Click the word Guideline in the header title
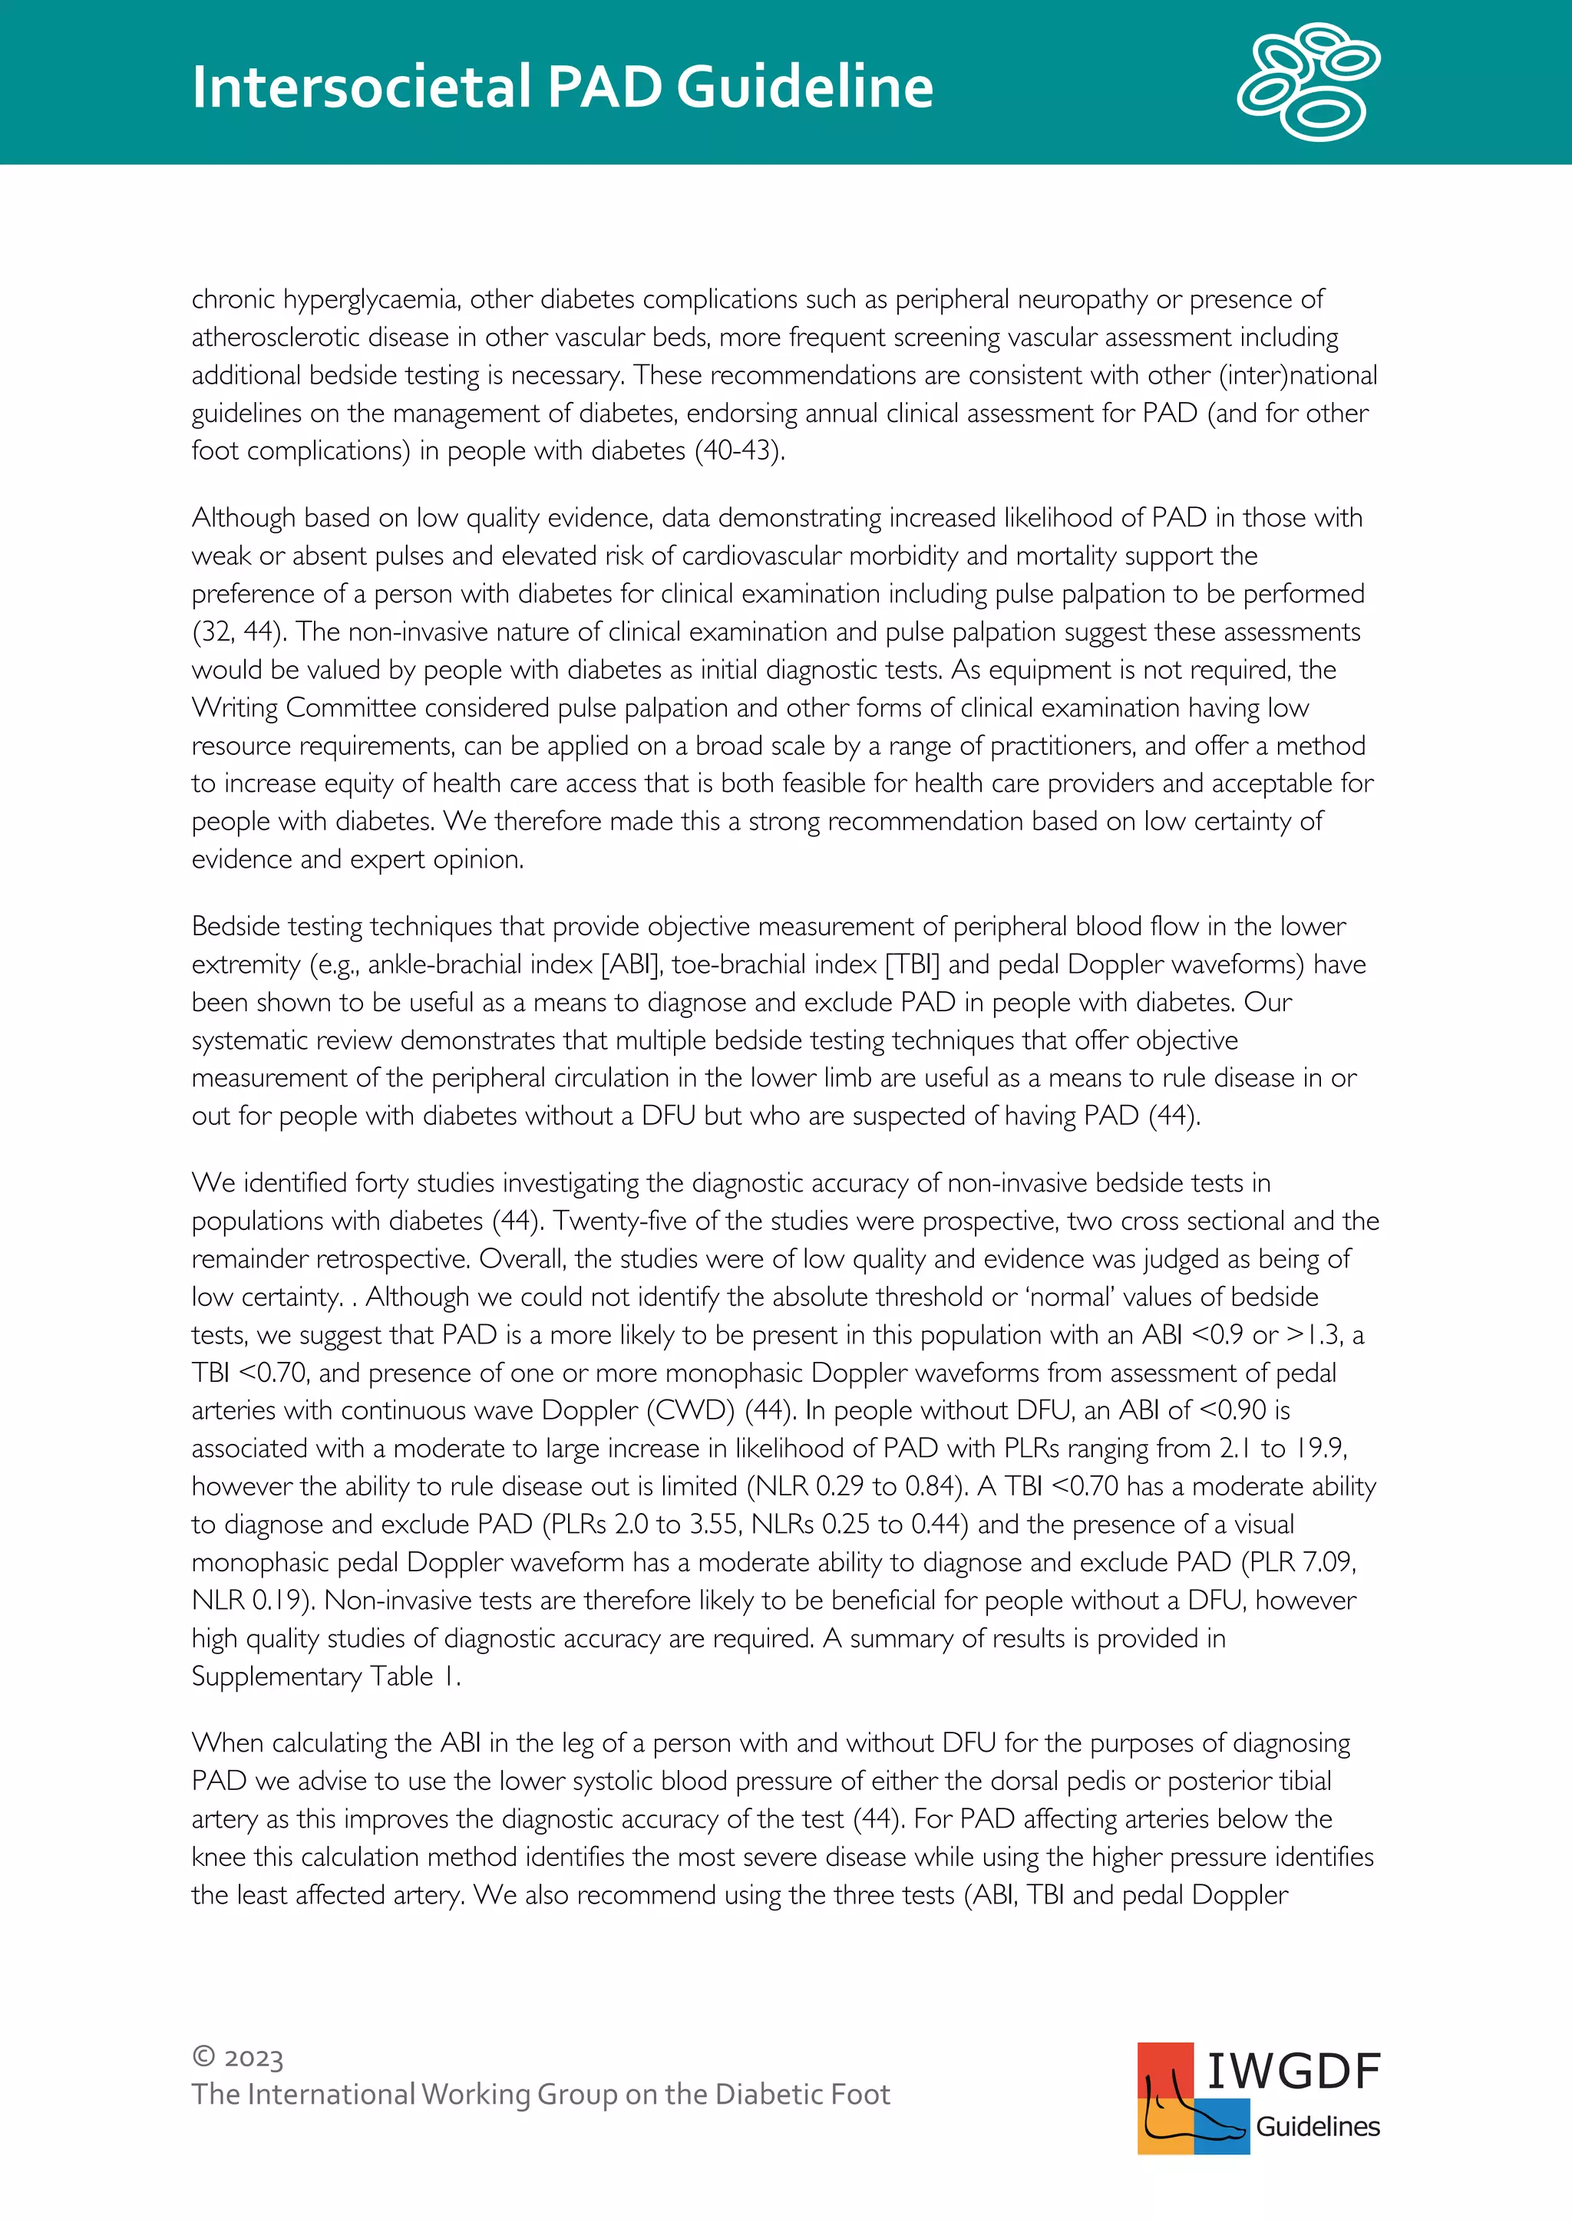(x=804, y=87)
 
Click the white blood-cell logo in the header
(x=1308, y=82)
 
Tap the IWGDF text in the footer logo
(x=1293, y=2072)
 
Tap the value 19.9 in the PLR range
(x=1320, y=1449)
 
